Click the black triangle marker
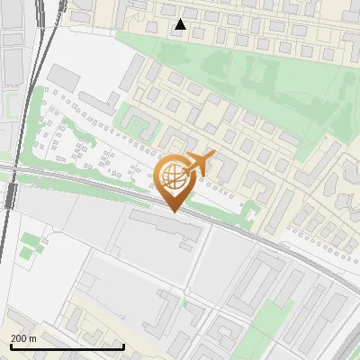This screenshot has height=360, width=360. (x=181, y=24)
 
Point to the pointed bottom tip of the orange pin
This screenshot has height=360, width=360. (x=175, y=211)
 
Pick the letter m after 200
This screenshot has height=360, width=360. (x=33, y=338)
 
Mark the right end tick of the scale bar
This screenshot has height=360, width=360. (x=123, y=346)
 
